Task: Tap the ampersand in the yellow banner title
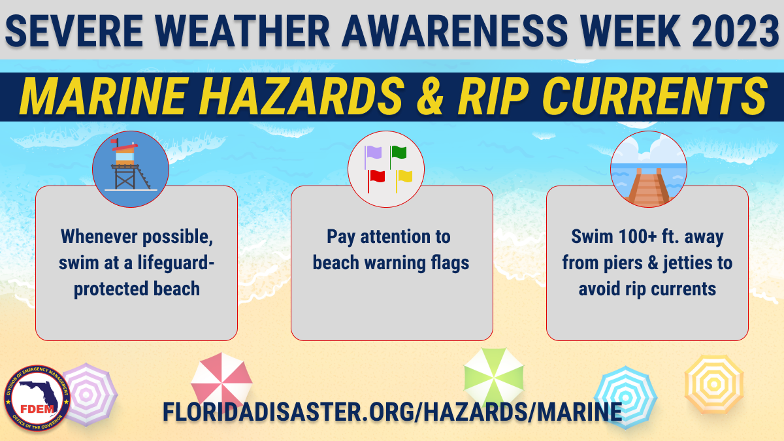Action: [x=430, y=96]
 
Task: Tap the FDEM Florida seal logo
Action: [x=37, y=399]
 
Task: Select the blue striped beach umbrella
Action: [x=625, y=398]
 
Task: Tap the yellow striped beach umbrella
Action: [x=714, y=384]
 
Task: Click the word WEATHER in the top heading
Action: [x=242, y=31]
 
